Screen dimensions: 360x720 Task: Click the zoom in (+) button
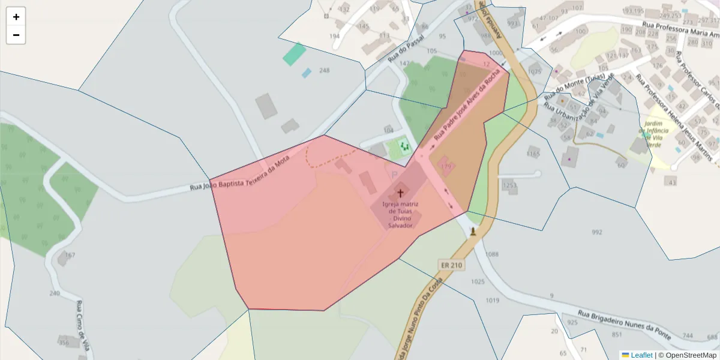coord(16,17)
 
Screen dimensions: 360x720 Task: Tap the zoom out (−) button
coord(16,35)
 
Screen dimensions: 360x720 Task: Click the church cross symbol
coord(400,194)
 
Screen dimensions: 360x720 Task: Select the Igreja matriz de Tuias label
coord(400,215)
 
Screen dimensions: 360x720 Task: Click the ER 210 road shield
coord(451,265)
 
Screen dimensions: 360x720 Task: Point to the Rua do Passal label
coord(406,48)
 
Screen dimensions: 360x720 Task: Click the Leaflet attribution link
coord(637,355)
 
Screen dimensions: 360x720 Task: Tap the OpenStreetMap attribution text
coord(687,355)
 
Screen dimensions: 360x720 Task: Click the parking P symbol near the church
coord(394,175)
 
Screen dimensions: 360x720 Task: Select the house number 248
coord(324,70)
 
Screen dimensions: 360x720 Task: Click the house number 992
coord(596,232)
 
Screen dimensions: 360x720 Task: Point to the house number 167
coord(70,255)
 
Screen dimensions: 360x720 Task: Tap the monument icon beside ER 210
coord(473,232)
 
